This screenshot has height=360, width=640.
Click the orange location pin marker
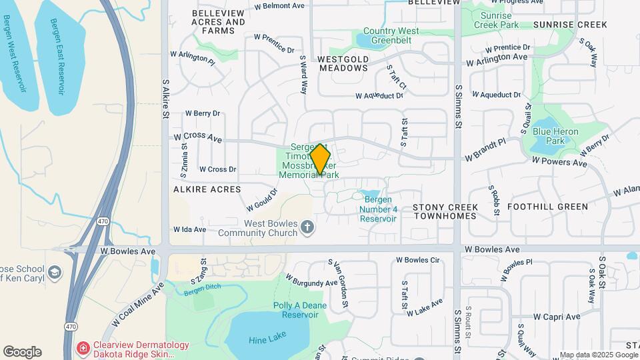(321, 159)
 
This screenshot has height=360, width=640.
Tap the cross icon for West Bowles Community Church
(307, 228)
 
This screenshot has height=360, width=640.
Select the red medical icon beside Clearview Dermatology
(83, 347)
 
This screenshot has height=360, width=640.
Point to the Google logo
(22, 352)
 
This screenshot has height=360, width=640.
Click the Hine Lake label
(267, 339)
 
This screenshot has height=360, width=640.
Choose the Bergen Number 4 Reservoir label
(378, 209)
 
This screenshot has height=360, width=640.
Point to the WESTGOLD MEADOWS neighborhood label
(343, 63)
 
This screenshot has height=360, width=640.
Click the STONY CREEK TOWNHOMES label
(445, 211)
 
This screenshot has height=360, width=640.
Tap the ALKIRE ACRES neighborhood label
(207, 189)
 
